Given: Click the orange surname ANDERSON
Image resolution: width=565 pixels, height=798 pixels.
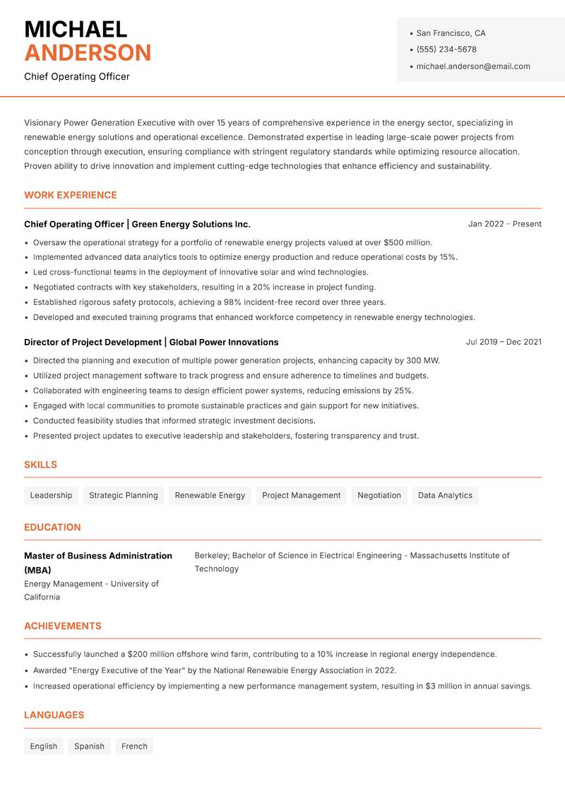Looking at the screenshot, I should (x=88, y=53).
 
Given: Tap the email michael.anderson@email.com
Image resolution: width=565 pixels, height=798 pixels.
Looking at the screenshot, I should (x=473, y=66).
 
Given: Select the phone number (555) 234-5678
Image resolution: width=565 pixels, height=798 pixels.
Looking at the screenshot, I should (x=446, y=49).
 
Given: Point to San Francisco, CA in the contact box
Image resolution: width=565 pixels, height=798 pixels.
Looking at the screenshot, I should (x=451, y=33).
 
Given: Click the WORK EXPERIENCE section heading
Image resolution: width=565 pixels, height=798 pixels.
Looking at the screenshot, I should (x=71, y=195).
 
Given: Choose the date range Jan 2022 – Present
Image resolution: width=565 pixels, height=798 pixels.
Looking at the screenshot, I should (x=504, y=224).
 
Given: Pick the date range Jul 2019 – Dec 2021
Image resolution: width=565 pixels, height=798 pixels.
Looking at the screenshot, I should (x=504, y=342).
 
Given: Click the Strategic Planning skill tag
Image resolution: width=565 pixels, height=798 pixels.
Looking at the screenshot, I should (x=124, y=495).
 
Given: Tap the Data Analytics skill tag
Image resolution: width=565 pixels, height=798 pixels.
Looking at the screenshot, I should (x=445, y=495).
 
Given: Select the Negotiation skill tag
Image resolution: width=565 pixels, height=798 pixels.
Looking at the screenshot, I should (x=379, y=495).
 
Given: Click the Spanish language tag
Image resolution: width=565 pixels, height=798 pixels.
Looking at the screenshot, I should (x=89, y=746).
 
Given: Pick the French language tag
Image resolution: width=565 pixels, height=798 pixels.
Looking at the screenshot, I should (x=134, y=746).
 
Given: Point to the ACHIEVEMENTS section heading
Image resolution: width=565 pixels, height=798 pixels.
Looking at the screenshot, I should (x=63, y=626).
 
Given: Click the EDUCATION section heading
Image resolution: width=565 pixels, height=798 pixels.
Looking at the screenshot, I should (x=52, y=527).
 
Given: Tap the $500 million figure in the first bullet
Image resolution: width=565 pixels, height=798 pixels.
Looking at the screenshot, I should (x=408, y=242).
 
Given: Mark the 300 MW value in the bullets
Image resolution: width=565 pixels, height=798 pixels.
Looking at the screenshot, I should (x=422, y=360).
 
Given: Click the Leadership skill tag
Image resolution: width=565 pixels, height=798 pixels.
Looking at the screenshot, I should (x=51, y=495).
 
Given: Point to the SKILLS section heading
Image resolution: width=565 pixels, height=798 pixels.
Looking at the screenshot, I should (x=40, y=465).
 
